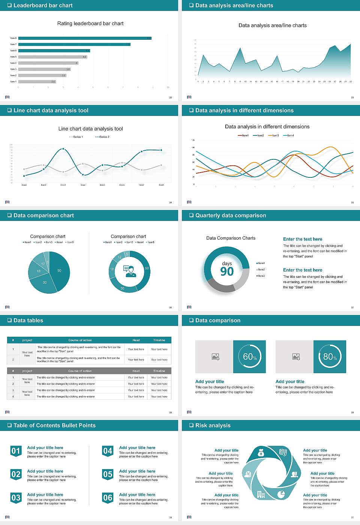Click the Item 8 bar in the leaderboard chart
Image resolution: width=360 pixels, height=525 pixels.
[85, 38]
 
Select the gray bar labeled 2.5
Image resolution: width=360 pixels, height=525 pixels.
[37, 81]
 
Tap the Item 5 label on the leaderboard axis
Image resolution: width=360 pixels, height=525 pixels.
[13, 57]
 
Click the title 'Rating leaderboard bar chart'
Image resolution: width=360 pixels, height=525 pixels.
[90, 23]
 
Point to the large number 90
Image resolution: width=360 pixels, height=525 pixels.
[227, 271]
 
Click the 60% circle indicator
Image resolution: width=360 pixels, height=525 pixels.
[250, 357]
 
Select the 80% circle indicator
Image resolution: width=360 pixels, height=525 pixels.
[330, 357]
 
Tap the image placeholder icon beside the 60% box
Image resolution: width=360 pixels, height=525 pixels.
[215, 357]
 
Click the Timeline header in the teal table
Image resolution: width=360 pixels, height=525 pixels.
[159, 340]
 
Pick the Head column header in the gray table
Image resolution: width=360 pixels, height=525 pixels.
[136, 371]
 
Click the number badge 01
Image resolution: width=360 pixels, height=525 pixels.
[16, 451]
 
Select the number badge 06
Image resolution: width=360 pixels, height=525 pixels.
[108, 498]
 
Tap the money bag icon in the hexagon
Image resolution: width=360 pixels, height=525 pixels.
[261, 454]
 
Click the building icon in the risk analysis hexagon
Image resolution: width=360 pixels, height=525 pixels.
[261, 495]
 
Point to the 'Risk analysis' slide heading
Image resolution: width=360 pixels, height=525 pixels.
[213, 425]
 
